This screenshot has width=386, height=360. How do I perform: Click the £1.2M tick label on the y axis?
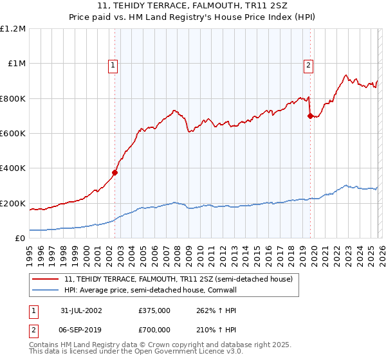click(x=13, y=28)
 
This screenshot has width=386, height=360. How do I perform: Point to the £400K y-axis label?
click(x=13, y=168)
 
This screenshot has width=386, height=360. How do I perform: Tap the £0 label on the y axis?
click(x=20, y=239)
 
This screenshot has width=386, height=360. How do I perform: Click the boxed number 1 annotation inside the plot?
click(x=113, y=64)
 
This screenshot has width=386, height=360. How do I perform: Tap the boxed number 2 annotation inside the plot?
click(x=309, y=64)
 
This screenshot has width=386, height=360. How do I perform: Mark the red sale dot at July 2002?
click(x=115, y=172)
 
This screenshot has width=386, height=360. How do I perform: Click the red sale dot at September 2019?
click(x=310, y=116)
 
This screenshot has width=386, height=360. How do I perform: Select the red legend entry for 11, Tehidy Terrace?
click(x=179, y=279)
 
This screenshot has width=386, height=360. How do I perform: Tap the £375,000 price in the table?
click(x=154, y=310)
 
